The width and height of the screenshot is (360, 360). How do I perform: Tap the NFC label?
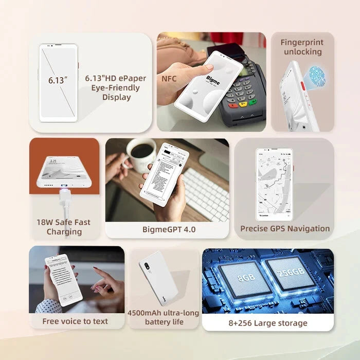169,79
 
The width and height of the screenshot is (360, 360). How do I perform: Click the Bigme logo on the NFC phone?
213,79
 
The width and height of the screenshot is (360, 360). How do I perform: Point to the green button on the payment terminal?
253,102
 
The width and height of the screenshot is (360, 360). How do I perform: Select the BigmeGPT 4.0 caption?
169,229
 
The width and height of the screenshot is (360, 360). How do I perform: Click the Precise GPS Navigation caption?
285,228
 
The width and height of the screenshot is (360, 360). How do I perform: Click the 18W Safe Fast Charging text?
63,227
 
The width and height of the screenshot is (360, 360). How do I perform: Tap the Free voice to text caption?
75,321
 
